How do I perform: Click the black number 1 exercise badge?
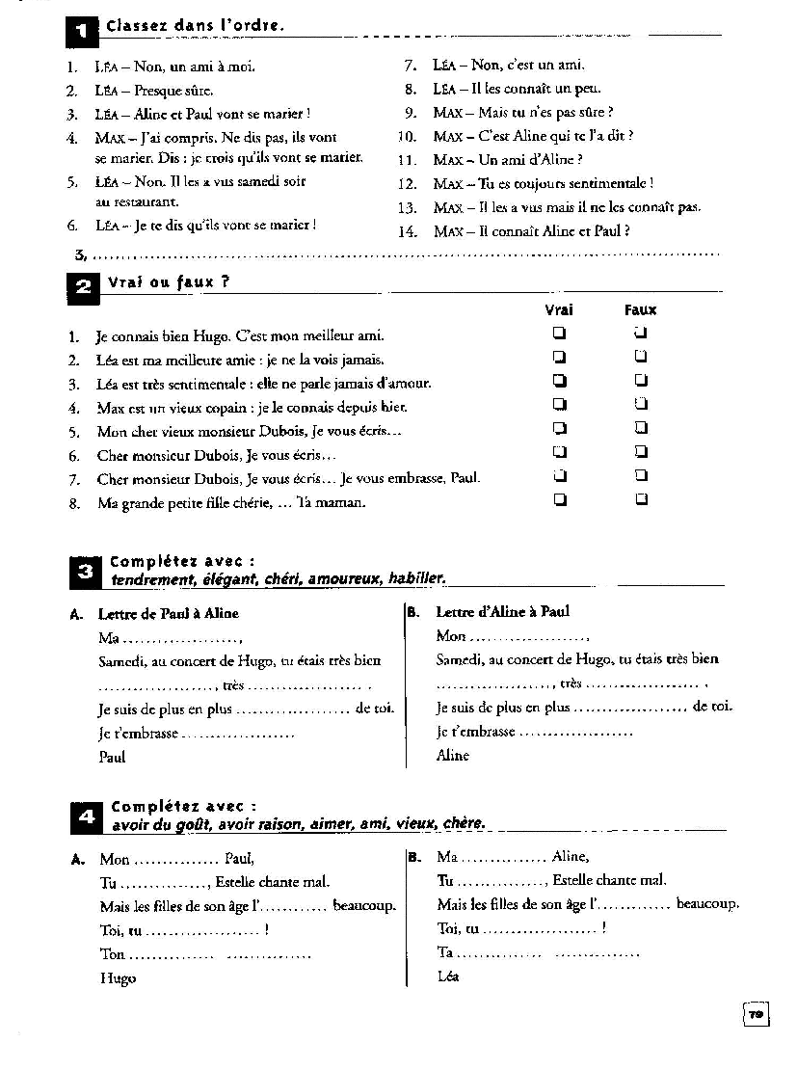click(82, 33)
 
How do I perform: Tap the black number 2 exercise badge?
click(82, 287)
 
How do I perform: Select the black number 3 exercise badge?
click(84, 573)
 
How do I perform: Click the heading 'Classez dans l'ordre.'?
click(195, 26)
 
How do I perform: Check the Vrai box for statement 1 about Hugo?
click(559, 334)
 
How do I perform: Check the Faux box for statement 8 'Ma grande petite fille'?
click(641, 500)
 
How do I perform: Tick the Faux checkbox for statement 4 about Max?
click(641, 405)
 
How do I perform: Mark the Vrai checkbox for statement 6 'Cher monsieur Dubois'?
click(559, 452)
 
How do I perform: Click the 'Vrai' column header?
click(559, 309)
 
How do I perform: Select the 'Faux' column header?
click(640, 309)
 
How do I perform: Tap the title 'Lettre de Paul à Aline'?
click(169, 613)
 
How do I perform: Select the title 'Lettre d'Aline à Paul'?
click(502, 612)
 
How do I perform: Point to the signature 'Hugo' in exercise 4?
click(118, 978)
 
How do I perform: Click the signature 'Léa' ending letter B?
click(448, 976)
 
